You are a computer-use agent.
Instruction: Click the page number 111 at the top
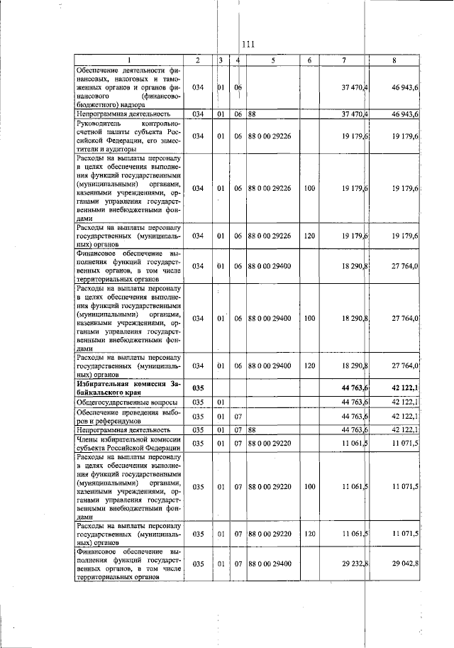pyautogui.click(x=248, y=45)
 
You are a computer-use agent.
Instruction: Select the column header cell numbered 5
pyautogui.click(x=272, y=60)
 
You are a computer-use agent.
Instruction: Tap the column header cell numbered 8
pyautogui.click(x=394, y=60)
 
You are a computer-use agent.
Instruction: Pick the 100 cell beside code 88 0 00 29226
pyautogui.click(x=309, y=189)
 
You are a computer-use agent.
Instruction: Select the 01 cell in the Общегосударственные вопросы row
pyautogui.click(x=221, y=402)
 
